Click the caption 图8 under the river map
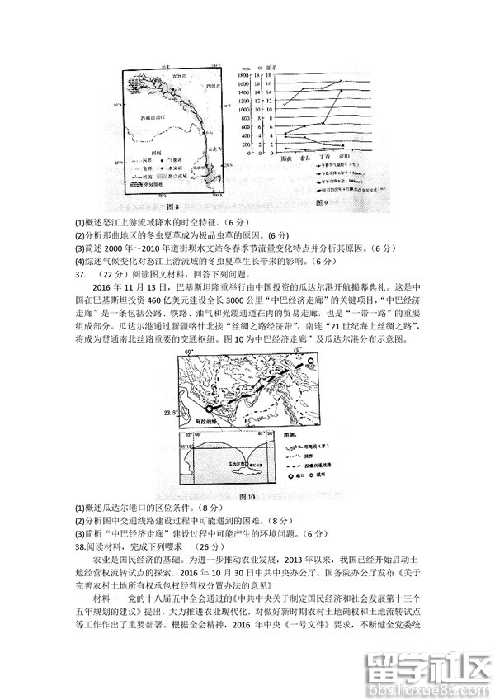pyautogui.click(x=173, y=206)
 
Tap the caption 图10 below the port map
pyautogui.click(x=247, y=497)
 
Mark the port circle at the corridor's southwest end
pyautogui.click(x=209, y=409)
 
